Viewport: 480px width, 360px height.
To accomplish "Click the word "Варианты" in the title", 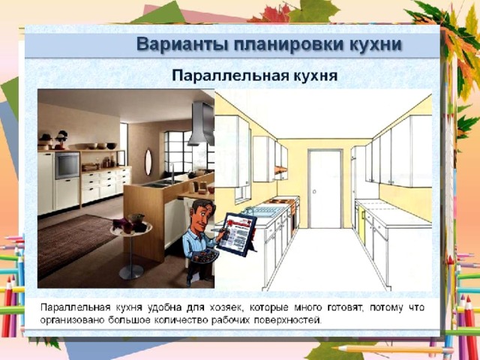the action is [182, 44].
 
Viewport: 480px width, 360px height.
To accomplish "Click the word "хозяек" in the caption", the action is [226, 307].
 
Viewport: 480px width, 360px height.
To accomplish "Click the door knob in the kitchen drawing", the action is [314, 192].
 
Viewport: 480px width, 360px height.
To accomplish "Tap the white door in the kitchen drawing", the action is [325, 189].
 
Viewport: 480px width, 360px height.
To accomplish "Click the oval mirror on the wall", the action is [148, 162].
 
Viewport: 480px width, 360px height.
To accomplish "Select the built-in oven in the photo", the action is [67, 166].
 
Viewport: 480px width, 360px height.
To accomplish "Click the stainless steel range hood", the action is [201, 124].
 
